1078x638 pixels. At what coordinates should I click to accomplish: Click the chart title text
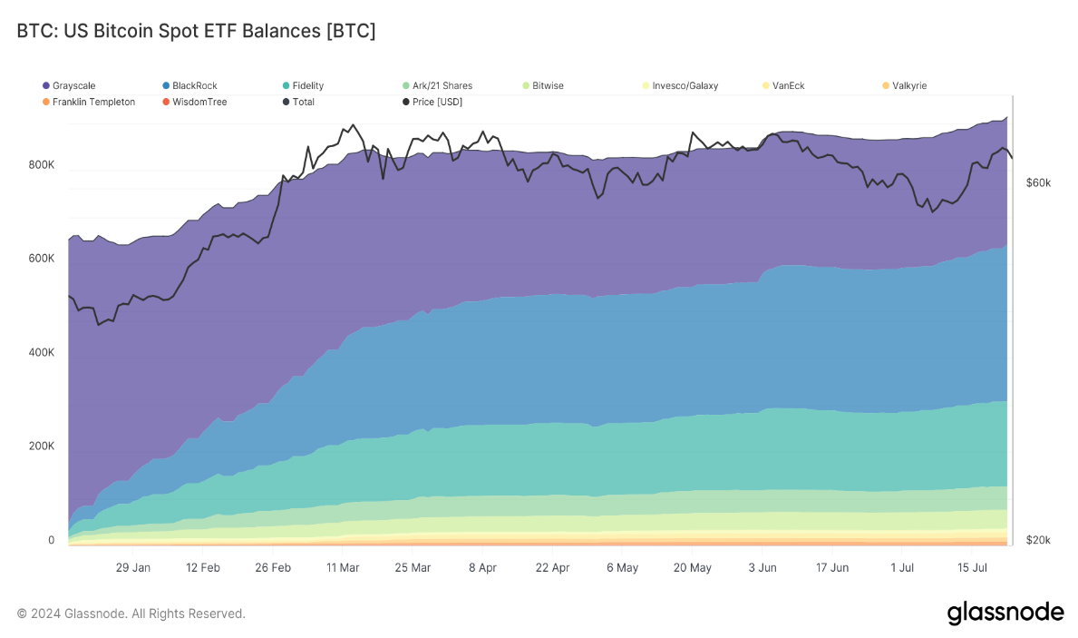(196, 31)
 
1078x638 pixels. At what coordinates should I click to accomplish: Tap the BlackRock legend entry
(189, 85)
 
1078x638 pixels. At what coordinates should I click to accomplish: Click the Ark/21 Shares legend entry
(437, 85)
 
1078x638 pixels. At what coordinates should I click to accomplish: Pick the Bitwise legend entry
(543, 85)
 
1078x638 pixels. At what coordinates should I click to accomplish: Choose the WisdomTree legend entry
(195, 102)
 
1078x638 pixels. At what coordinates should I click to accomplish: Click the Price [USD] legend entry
(432, 102)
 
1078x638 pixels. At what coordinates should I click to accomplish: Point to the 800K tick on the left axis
(42, 165)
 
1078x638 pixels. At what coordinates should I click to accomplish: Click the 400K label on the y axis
(42, 352)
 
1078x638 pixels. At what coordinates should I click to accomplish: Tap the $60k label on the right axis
(1038, 182)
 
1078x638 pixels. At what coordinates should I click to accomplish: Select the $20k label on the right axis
(1038, 540)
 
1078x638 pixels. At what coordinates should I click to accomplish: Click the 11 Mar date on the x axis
(342, 567)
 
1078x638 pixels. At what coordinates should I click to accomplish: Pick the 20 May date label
(693, 567)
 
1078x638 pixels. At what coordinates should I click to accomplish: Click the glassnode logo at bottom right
(1005, 613)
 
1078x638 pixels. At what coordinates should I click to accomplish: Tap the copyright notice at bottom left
(131, 613)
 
